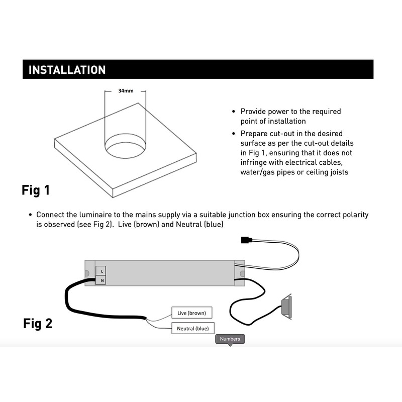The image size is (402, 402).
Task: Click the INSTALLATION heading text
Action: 67,70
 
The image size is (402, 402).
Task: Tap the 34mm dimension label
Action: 126,91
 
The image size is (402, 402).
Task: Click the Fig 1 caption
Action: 36,190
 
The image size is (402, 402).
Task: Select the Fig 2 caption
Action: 38,323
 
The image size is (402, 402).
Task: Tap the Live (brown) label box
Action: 191,313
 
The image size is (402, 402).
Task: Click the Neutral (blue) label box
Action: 192,329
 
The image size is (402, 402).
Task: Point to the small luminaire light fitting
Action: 286,307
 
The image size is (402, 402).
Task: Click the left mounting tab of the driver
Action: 88,273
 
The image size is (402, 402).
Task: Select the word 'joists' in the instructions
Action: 336,172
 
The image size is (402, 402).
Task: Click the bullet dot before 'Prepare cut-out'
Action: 233,134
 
